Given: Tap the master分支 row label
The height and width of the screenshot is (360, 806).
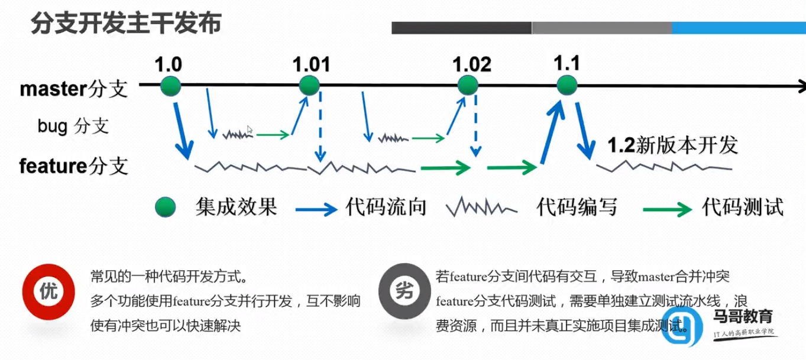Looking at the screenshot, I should pos(74,89).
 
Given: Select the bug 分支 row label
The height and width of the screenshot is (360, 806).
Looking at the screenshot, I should pos(73,126).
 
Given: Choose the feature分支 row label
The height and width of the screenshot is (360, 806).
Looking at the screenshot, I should pos(74,166).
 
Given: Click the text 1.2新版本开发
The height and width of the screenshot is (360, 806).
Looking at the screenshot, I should pos(673,145).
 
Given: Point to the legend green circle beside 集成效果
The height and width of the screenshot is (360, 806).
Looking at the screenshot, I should pos(166,207).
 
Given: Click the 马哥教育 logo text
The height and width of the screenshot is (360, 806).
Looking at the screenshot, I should pos(743,317).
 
